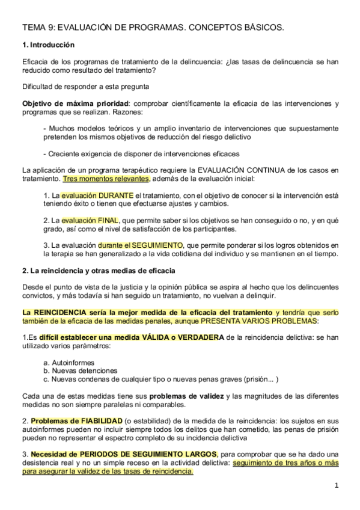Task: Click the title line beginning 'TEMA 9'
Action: (153, 28)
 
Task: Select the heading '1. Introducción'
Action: (48, 45)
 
